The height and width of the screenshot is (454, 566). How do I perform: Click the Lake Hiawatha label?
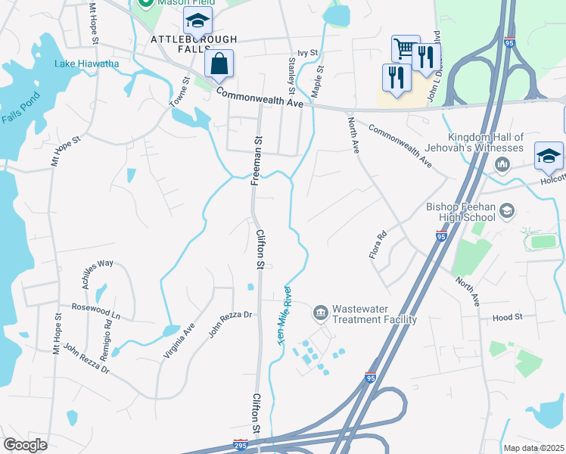(x=86, y=64)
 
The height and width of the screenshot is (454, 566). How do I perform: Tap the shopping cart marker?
(x=405, y=50)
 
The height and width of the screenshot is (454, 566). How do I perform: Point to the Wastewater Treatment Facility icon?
(x=320, y=312)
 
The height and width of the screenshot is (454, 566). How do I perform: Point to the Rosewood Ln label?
(x=96, y=310)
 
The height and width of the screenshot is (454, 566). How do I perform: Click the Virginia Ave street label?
(x=179, y=340)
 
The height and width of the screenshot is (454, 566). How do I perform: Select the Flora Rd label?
(x=378, y=244)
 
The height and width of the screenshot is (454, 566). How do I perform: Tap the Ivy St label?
(x=309, y=53)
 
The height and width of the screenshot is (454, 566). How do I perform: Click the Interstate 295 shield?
(x=241, y=444)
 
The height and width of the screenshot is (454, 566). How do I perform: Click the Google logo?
(x=25, y=445)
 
